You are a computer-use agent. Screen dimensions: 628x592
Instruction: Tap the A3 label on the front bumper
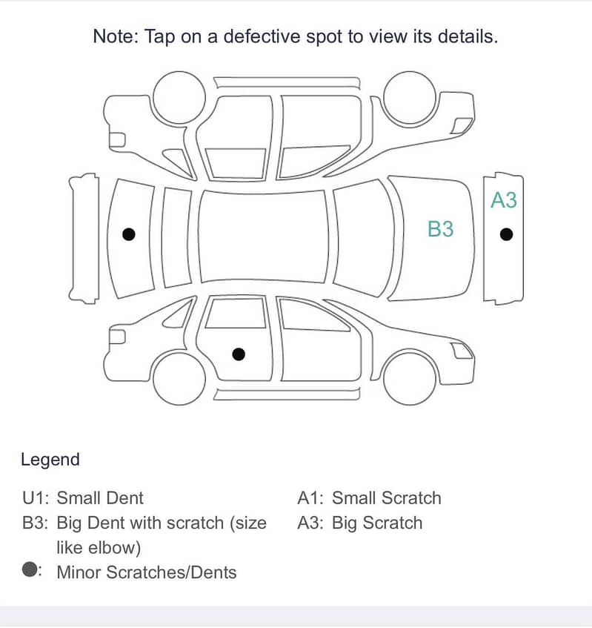coord(503,200)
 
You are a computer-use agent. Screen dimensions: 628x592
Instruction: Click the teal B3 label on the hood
coord(440,229)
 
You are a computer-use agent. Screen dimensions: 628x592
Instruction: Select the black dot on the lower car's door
coord(238,354)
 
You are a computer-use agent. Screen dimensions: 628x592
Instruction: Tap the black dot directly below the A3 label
coord(506,234)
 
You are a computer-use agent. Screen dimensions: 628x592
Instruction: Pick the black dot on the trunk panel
coord(128,234)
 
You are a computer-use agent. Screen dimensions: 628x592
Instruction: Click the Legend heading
coord(50,460)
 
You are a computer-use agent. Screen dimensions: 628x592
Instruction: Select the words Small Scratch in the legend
coord(386,498)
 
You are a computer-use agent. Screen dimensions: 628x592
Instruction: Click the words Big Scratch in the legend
coord(376,523)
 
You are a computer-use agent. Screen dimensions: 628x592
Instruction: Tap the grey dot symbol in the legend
coord(30,569)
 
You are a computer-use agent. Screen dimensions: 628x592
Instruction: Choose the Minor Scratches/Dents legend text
coord(146,572)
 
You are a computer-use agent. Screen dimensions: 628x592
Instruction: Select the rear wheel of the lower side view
coord(179,378)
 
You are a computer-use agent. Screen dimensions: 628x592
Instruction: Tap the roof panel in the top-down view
coord(265,235)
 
